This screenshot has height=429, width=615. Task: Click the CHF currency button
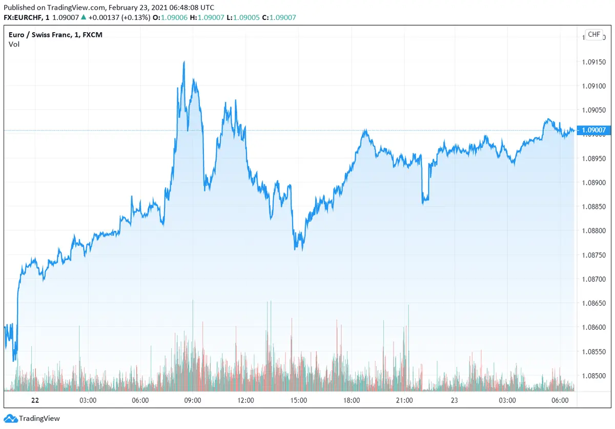593,34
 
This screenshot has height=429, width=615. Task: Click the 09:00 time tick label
193,400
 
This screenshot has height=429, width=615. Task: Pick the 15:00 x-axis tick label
299,400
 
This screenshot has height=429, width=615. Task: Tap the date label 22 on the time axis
35,400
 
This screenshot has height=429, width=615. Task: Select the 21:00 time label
404,400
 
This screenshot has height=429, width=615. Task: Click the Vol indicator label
14,44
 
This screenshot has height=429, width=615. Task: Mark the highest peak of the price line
183,62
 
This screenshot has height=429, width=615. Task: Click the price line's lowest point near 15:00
296,250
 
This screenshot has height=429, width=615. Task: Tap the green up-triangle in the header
84,17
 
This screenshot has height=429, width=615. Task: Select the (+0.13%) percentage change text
135,17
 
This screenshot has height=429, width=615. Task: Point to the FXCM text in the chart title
93,34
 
